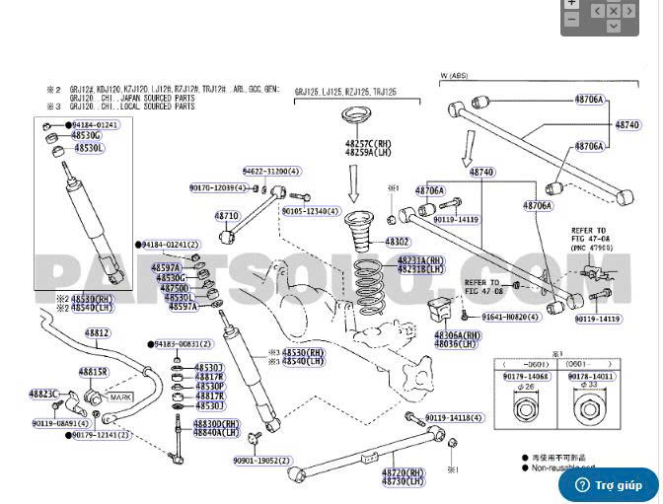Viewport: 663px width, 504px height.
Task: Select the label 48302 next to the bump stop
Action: pos(398,242)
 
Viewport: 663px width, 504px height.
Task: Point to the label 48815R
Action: pos(93,372)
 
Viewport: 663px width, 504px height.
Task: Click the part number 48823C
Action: pos(44,394)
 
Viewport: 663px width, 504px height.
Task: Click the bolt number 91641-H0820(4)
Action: pos(510,318)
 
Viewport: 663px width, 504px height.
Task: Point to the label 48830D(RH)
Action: pos(217,423)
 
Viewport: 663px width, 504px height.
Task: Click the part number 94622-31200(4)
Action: pos(272,172)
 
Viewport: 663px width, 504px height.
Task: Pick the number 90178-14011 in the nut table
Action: pos(592,376)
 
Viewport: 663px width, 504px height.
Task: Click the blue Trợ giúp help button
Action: pos(609,484)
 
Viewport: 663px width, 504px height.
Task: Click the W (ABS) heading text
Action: pos(454,76)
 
